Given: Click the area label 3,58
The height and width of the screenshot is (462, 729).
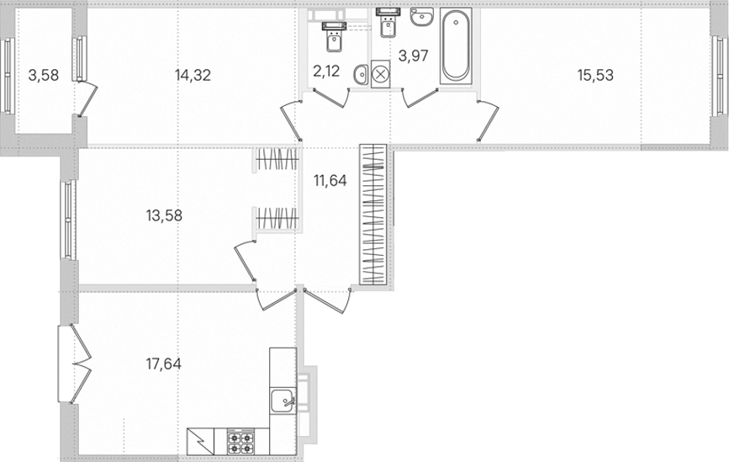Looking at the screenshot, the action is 44,75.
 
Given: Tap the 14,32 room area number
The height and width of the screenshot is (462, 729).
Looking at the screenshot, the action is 193,75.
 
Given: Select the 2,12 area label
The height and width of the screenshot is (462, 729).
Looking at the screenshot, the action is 326,72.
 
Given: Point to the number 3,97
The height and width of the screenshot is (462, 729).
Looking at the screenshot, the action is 414,56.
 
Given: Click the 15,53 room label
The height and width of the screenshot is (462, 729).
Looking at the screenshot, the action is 595,75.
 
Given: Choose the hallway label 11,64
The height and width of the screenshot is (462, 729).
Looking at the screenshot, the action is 330,181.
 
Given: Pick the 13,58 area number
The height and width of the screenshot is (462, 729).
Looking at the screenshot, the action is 164,216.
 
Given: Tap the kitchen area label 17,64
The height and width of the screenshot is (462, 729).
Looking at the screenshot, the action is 164,364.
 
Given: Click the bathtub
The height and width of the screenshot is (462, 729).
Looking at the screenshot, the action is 456,45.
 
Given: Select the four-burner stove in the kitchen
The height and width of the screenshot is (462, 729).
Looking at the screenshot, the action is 240,441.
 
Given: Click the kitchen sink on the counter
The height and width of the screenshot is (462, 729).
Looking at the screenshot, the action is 283,401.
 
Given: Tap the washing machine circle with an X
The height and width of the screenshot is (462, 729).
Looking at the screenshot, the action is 381,74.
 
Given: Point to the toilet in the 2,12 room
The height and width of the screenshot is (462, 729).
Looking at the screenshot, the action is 334,37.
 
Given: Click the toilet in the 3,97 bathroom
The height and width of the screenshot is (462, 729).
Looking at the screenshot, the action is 388,23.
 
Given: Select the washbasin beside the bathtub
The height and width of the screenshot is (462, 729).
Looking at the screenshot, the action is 422,17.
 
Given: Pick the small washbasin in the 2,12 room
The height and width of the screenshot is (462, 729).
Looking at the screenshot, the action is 361,75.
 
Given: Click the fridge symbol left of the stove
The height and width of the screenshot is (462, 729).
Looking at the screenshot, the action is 200,441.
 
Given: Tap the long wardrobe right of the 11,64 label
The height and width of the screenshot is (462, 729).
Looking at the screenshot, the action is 373,215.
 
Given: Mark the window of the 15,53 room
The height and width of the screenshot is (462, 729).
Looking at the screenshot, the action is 719,76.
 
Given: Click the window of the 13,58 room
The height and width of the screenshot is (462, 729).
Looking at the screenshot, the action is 68,220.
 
